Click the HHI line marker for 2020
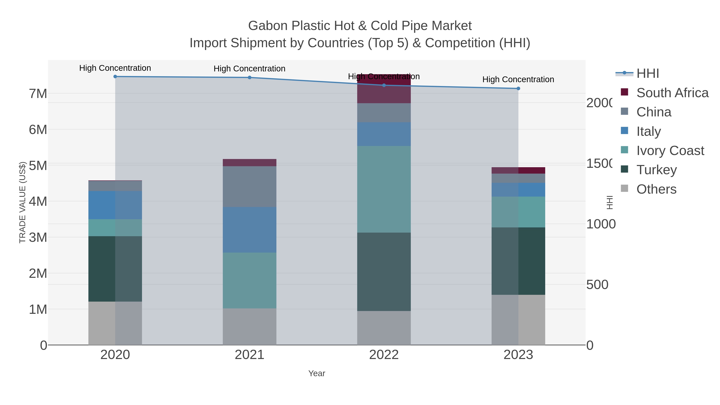(115, 76)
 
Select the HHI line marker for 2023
(518, 88)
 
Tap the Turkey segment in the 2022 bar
(384, 271)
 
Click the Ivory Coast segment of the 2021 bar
(249, 280)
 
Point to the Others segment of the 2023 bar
(518, 320)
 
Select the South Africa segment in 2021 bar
(249, 162)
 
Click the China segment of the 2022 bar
(384, 112)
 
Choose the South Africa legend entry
(672, 93)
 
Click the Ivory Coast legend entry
(670, 150)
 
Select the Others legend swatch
(624, 189)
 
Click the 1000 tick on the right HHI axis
(601, 224)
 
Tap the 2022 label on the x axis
(384, 355)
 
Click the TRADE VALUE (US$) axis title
(22, 202)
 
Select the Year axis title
(317, 373)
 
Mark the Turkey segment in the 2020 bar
(115, 269)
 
